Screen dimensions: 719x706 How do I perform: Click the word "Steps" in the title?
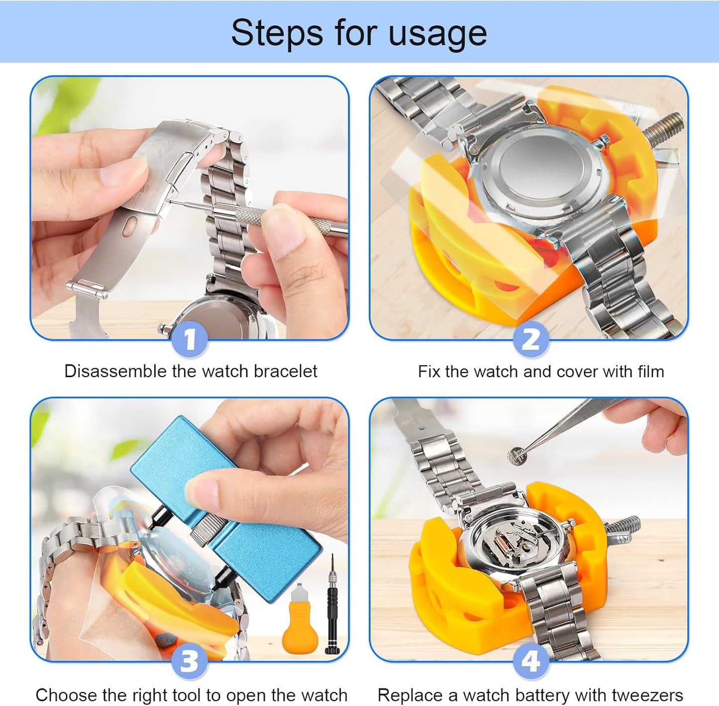pyautogui.click(x=277, y=33)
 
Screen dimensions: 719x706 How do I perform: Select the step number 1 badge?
pyautogui.click(x=190, y=339)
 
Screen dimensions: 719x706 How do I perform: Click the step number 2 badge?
pyautogui.click(x=530, y=339)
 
